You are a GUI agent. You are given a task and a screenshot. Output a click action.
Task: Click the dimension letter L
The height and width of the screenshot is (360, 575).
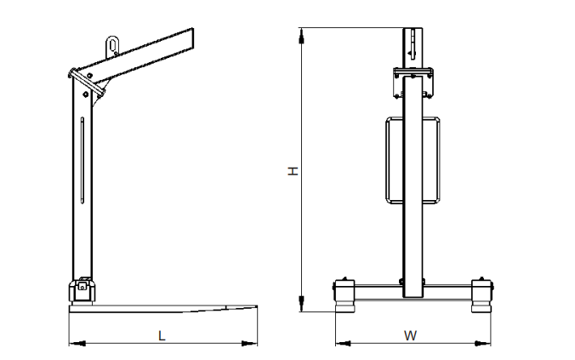[x=162, y=335]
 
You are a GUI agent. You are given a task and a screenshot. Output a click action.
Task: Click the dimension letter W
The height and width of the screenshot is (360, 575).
[x=410, y=335]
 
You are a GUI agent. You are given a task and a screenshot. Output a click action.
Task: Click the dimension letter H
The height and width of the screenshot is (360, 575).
[x=293, y=171]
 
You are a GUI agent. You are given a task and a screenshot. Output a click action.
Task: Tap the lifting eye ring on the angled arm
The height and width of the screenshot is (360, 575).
[x=112, y=46]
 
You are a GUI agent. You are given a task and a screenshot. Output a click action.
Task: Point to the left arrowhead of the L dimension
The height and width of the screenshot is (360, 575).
[x=77, y=344]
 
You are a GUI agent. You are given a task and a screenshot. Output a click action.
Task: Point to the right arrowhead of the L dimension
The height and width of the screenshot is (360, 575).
[x=249, y=344]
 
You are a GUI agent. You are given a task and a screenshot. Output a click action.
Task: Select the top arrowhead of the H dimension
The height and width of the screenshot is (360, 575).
[x=301, y=36]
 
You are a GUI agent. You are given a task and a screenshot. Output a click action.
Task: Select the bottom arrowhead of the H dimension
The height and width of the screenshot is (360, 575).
[x=301, y=304]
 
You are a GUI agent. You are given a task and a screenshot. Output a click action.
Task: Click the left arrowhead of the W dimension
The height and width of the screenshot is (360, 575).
[x=344, y=344]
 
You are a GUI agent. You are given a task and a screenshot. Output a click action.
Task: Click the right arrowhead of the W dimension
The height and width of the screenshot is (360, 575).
[x=483, y=344]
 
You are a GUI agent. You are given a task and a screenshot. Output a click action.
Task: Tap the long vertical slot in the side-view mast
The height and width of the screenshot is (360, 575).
[x=83, y=160]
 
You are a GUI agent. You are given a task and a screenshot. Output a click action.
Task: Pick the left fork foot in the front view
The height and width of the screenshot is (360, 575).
[x=344, y=296]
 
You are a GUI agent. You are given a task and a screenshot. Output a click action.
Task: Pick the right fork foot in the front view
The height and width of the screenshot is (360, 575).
[x=481, y=296]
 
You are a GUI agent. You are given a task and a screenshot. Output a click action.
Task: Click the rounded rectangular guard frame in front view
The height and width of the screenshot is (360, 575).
[x=386, y=160]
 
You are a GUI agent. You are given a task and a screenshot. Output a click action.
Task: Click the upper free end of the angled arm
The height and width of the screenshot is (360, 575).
[x=192, y=38]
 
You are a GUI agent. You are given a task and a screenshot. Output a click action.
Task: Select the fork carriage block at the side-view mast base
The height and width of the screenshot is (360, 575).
[x=83, y=291]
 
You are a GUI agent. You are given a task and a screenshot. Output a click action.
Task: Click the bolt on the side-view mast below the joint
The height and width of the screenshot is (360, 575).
[x=85, y=94]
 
